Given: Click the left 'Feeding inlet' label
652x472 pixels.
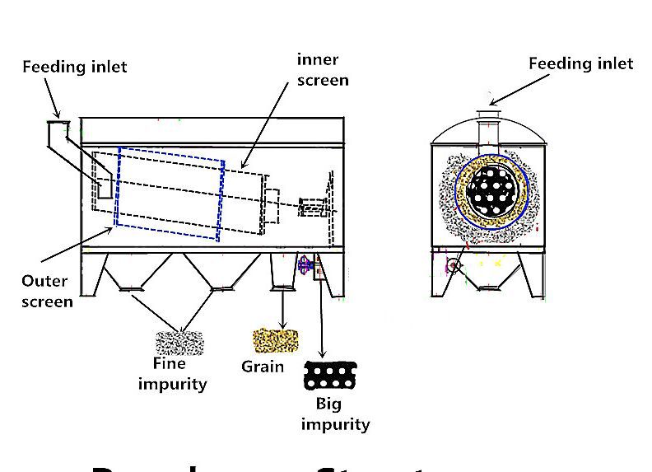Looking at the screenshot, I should coord(75,67).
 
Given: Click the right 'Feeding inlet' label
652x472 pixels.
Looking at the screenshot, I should coord(580,63).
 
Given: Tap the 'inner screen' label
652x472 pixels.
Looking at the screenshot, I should coord(322,70).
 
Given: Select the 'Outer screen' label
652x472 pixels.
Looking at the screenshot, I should coord(46,291).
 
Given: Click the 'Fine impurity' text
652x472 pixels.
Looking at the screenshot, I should coord(171,374).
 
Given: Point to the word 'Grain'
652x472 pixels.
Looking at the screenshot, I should coord(263,367).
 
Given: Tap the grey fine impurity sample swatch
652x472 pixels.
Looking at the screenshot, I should coord(179,342).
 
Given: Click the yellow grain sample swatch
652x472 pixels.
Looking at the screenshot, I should coord(277,339).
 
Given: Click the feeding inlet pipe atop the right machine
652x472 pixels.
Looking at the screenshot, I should coord(489,124).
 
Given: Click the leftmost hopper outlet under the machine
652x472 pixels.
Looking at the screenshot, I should coord(131,287).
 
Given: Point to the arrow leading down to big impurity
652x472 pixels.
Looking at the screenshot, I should coord(322,321).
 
